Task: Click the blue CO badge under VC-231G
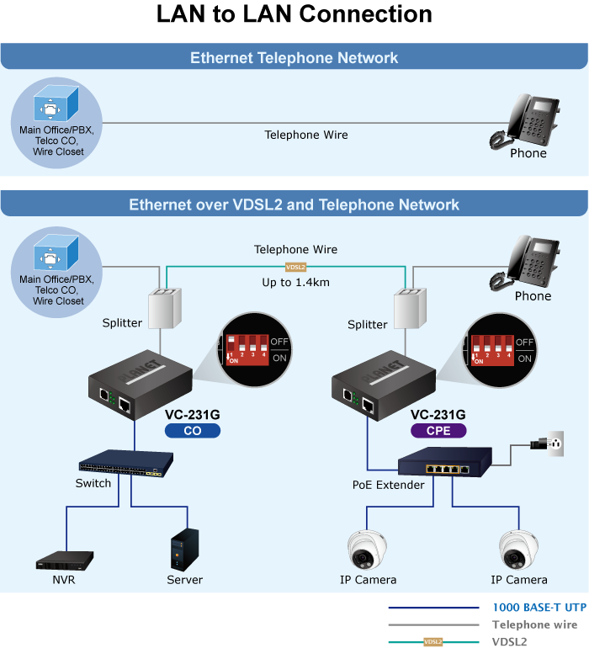tap(193, 431)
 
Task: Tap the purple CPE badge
tap(438, 431)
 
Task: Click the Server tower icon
tap(184, 550)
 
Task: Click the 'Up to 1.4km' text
tap(295, 283)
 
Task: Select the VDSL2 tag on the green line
tap(295, 267)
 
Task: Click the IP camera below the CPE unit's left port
tap(367, 550)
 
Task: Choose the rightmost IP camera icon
tap(518, 550)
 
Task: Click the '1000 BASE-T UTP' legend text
tap(539, 607)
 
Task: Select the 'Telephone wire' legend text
tap(534, 624)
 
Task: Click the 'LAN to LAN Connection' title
tap(294, 15)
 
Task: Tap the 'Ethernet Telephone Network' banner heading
tap(294, 58)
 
